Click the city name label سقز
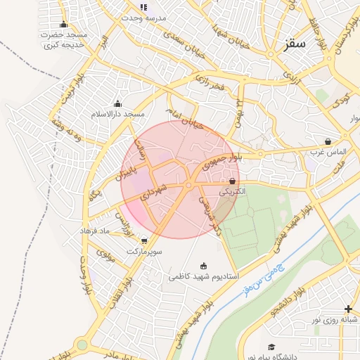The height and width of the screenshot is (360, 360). (296, 44)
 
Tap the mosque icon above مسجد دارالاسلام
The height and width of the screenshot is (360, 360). (117, 104)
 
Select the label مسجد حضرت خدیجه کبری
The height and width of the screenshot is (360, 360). (63, 40)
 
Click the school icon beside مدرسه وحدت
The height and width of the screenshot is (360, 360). (144, 8)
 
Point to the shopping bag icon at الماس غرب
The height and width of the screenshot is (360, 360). (328, 141)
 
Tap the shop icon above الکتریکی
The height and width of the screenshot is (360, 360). (232, 181)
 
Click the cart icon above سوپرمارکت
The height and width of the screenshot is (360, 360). (144, 241)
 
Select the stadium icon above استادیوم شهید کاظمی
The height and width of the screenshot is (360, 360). (204, 266)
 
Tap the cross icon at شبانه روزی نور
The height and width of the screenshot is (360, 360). (348, 309)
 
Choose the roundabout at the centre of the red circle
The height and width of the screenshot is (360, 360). (188, 185)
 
